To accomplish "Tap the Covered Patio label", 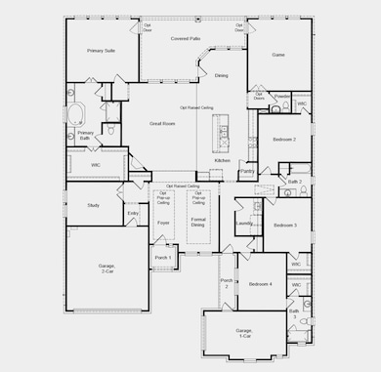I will click(186, 38).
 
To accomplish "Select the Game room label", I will click(277, 56).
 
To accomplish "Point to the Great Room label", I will click(162, 124).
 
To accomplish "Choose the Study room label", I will click(94, 205).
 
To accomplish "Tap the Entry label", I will click(133, 213).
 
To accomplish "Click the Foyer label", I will click(163, 223).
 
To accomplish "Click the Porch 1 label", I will click(162, 257).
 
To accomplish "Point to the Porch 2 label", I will click(226, 282).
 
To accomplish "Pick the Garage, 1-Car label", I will click(244, 334).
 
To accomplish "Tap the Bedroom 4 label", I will click(259, 284).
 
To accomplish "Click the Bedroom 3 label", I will click(284, 226).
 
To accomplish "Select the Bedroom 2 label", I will click(284, 140).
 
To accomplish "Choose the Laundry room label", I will click(244, 223).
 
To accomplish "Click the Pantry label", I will click(247, 171).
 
